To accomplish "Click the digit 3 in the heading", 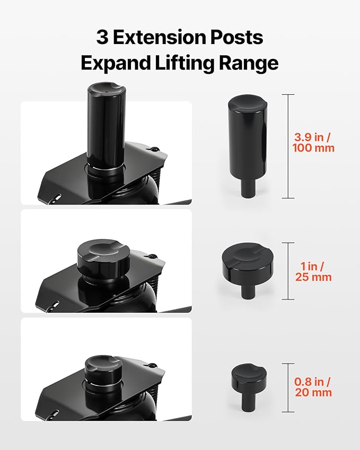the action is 102,37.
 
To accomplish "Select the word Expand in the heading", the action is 116,63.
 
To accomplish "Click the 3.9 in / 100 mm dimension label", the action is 313,143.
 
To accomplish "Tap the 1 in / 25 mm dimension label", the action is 313,271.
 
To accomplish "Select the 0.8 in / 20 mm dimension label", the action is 313,387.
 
